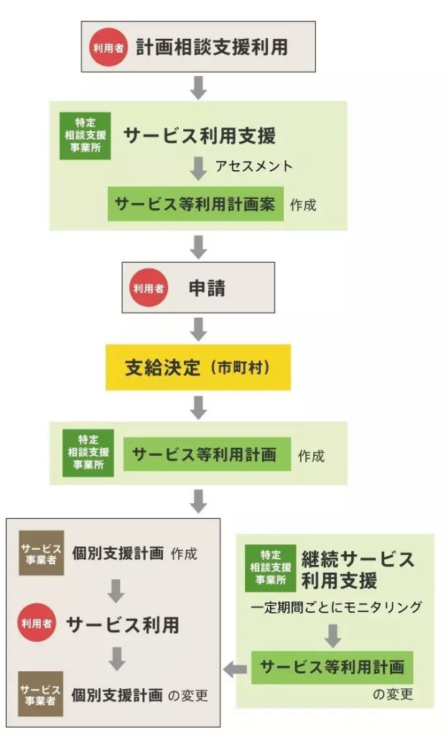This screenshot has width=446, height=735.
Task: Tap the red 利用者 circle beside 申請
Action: pos(147,288)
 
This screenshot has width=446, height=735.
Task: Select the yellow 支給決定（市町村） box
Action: pos(198,367)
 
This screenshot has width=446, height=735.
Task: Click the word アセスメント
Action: pos(254,166)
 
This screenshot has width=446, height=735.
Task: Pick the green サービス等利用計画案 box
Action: pos(196,204)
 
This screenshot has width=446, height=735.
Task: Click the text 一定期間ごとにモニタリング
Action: pos(336,607)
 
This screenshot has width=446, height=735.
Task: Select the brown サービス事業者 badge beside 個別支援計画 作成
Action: pos(42,553)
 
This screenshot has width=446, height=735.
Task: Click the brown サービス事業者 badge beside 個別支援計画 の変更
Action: pos(42,694)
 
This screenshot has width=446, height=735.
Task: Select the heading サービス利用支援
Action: pos(200,136)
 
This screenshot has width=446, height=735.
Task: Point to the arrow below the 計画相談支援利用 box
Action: pos(199,86)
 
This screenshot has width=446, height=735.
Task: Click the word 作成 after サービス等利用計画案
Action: pos(303,205)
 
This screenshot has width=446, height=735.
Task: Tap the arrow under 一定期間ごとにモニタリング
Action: pos(333,635)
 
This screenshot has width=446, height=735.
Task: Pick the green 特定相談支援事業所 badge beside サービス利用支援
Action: pos(81,136)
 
